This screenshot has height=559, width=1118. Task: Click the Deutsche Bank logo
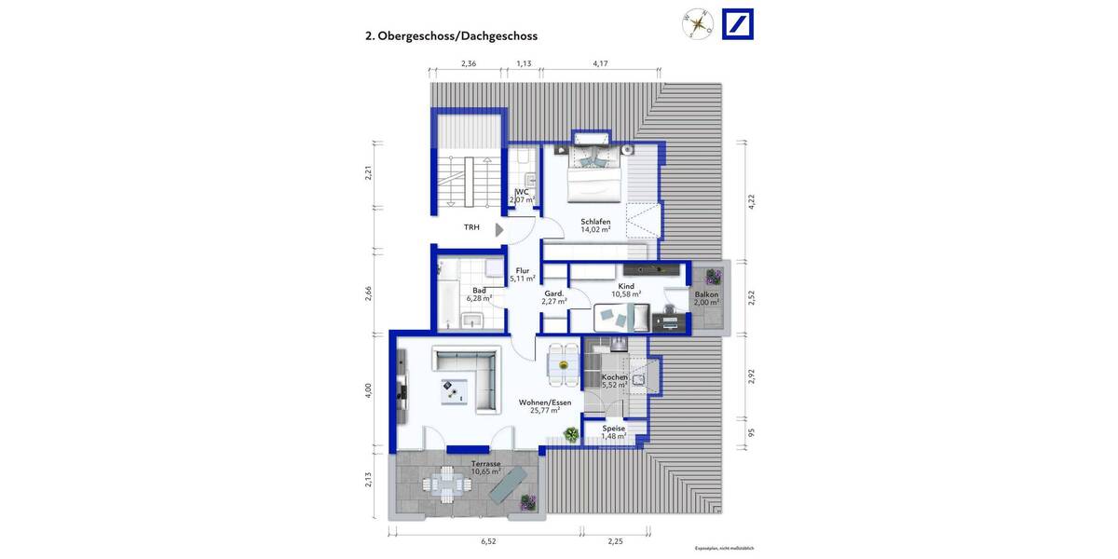pyautogui.click(x=738, y=24)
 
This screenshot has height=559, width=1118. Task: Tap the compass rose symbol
pyautogui.click(x=697, y=25)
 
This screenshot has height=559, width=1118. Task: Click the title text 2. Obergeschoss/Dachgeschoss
pyautogui.click(x=451, y=36)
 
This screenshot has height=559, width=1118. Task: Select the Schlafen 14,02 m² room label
pyautogui.click(x=594, y=225)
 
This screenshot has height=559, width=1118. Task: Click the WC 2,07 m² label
pyautogui.click(x=522, y=196)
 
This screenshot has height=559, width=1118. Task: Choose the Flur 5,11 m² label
pyautogui.click(x=522, y=275)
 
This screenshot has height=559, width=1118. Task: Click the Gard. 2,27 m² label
pyautogui.click(x=554, y=296)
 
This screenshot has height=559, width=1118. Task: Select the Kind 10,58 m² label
pyautogui.click(x=626, y=290)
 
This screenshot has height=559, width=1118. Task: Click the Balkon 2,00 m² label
pyautogui.click(x=707, y=298)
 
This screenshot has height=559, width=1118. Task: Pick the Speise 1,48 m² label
pyautogui.click(x=613, y=432)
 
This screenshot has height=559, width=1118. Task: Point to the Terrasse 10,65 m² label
pyautogui.click(x=486, y=468)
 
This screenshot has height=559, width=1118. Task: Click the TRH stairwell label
pyautogui.click(x=472, y=226)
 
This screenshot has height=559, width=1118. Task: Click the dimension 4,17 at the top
pyautogui.click(x=602, y=63)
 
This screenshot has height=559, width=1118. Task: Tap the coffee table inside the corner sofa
pyautogui.click(x=455, y=391)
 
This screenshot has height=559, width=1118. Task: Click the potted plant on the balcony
pyautogui.click(x=714, y=277)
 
